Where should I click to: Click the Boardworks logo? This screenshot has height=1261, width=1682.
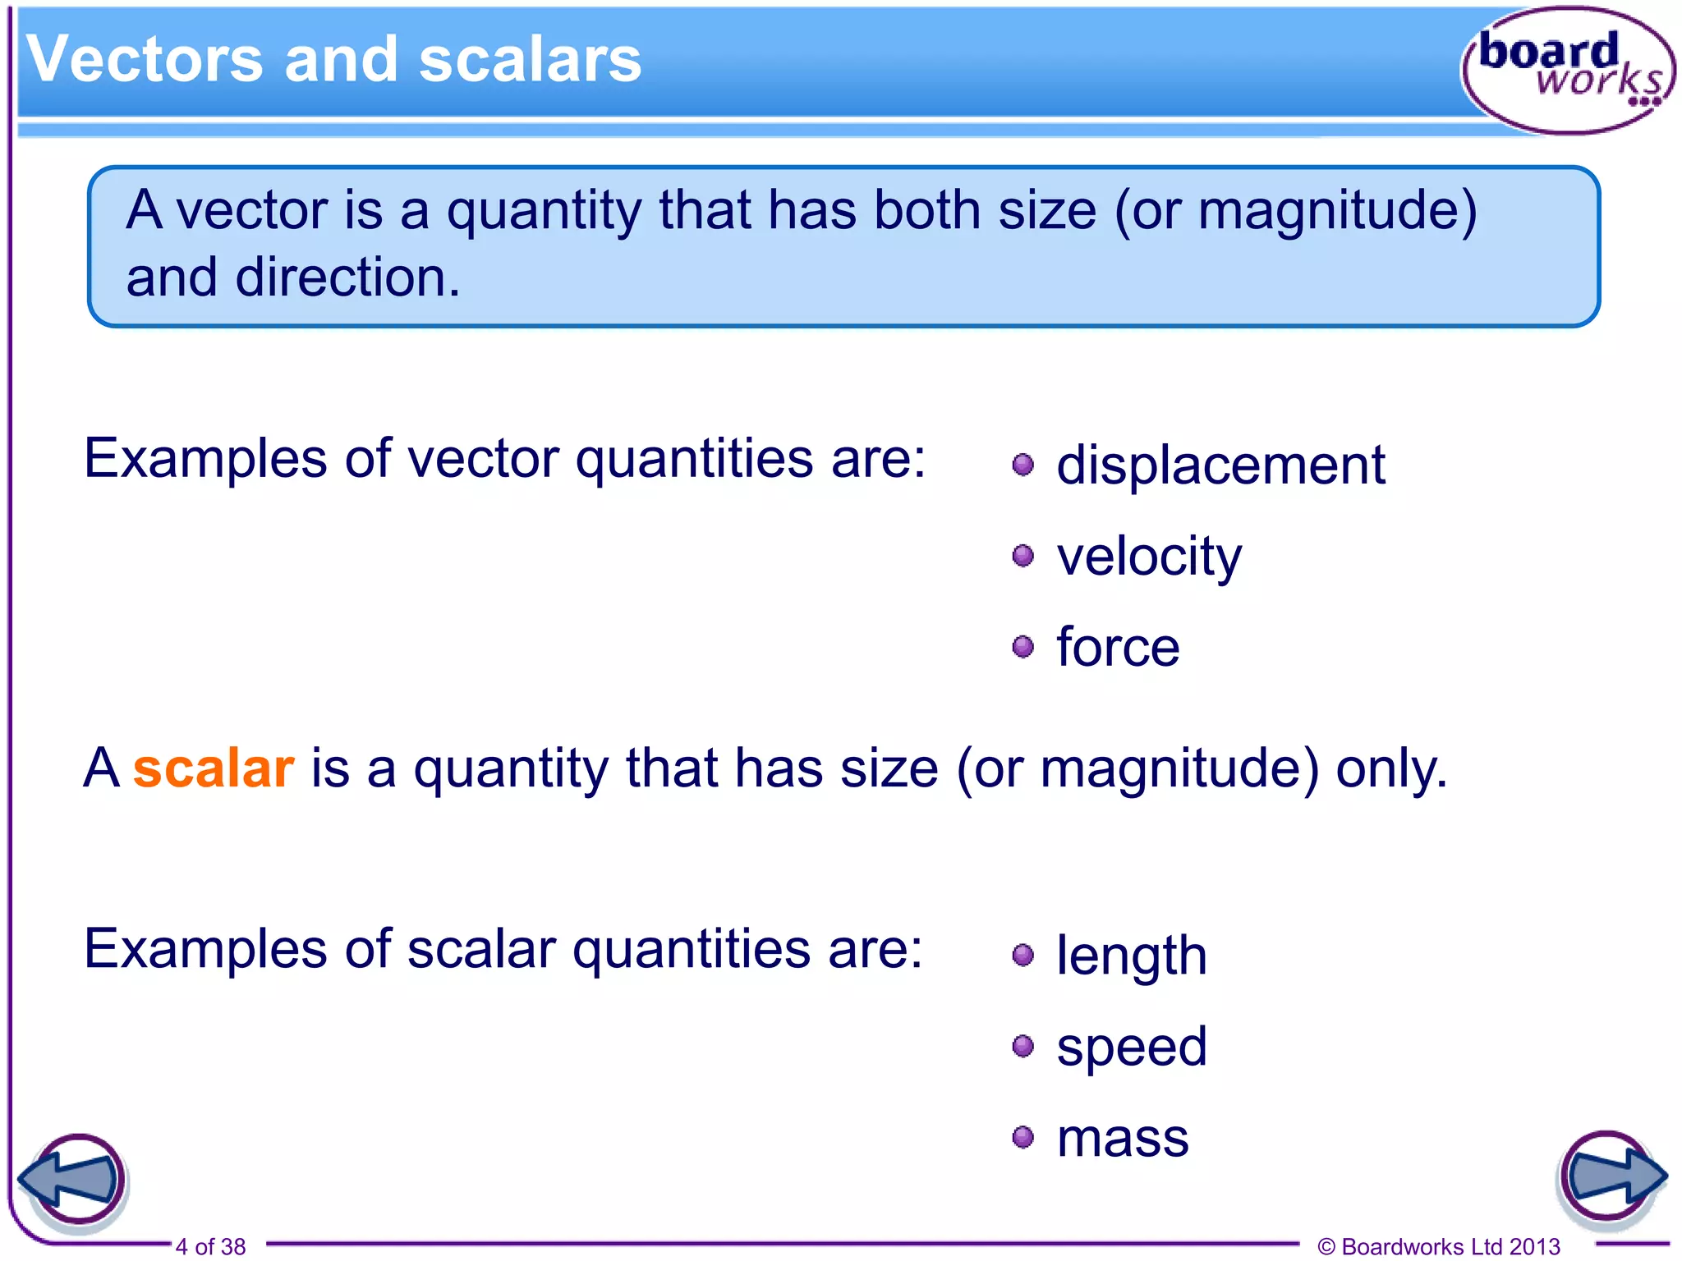click(x=1567, y=70)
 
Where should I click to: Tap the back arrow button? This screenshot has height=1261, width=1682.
click(x=74, y=1180)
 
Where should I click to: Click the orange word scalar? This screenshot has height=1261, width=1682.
click(x=214, y=769)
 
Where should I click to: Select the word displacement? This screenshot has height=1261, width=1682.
click(x=1220, y=465)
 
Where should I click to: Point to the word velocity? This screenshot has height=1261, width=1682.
click(x=1148, y=557)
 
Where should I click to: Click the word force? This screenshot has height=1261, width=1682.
click(x=1118, y=648)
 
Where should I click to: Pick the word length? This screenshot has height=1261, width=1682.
click(x=1131, y=956)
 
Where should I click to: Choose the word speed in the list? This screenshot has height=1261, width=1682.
click(x=1131, y=1048)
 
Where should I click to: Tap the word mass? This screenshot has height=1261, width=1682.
click(x=1122, y=1138)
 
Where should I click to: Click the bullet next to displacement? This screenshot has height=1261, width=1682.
click(x=1023, y=465)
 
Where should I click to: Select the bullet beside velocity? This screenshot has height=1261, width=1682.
click(x=1023, y=557)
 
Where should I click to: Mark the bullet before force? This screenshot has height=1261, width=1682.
click(x=1023, y=648)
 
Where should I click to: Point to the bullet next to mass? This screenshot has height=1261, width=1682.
click(x=1023, y=1138)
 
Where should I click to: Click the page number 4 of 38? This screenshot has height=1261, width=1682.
click(x=210, y=1246)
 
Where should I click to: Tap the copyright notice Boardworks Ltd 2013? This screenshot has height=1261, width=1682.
click(x=1439, y=1246)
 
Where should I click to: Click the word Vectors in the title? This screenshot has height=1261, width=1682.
click(x=145, y=60)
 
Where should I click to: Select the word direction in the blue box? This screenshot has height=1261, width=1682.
click(x=347, y=277)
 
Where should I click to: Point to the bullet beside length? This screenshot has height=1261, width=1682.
click(x=1023, y=956)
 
